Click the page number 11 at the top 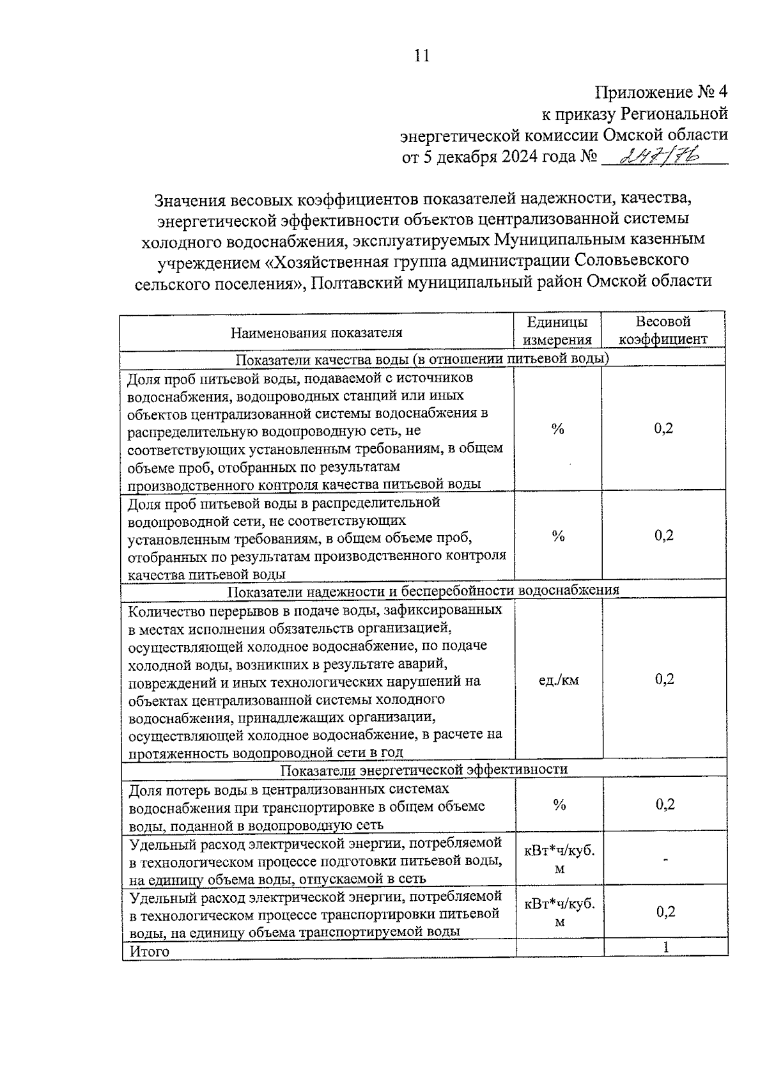point(421,56)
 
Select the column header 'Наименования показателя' point(316,332)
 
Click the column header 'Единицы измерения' point(557,331)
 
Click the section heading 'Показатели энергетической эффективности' point(424,769)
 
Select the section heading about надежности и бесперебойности point(424,589)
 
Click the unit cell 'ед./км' point(559,680)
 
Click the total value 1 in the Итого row point(665,947)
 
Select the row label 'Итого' point(150,951)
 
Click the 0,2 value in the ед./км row point(664,679)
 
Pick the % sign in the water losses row point(559,806)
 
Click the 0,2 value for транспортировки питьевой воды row point(665,912)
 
